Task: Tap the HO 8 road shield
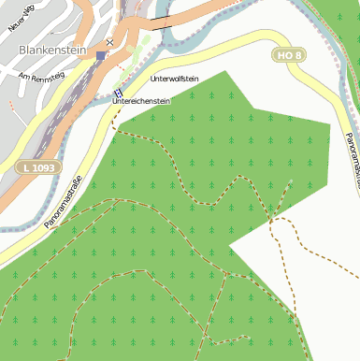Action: (x=289, y=56)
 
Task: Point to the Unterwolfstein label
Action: (x=174, y=79)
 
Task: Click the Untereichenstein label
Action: (x=141, y=100)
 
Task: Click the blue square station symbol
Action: (x=101, y=55)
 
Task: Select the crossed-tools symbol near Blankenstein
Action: (x=110, y=42)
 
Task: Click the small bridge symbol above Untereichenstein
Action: (x=119, y=92)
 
